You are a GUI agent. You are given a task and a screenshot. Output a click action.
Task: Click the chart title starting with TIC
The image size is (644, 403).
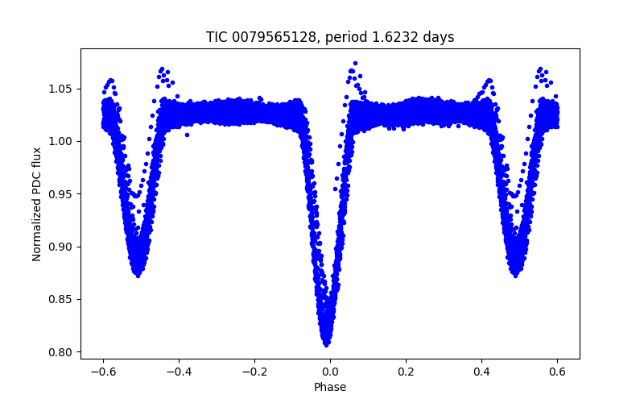330,37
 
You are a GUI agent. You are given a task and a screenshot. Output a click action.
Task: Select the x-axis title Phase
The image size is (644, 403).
330,387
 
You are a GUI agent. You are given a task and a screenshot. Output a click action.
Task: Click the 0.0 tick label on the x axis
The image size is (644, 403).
330,372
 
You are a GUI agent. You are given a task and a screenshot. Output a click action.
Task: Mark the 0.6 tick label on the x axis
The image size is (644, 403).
557,372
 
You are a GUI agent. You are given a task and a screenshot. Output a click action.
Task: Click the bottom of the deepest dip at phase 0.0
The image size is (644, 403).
327,343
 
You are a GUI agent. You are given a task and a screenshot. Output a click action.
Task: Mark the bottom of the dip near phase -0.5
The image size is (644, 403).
138,275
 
